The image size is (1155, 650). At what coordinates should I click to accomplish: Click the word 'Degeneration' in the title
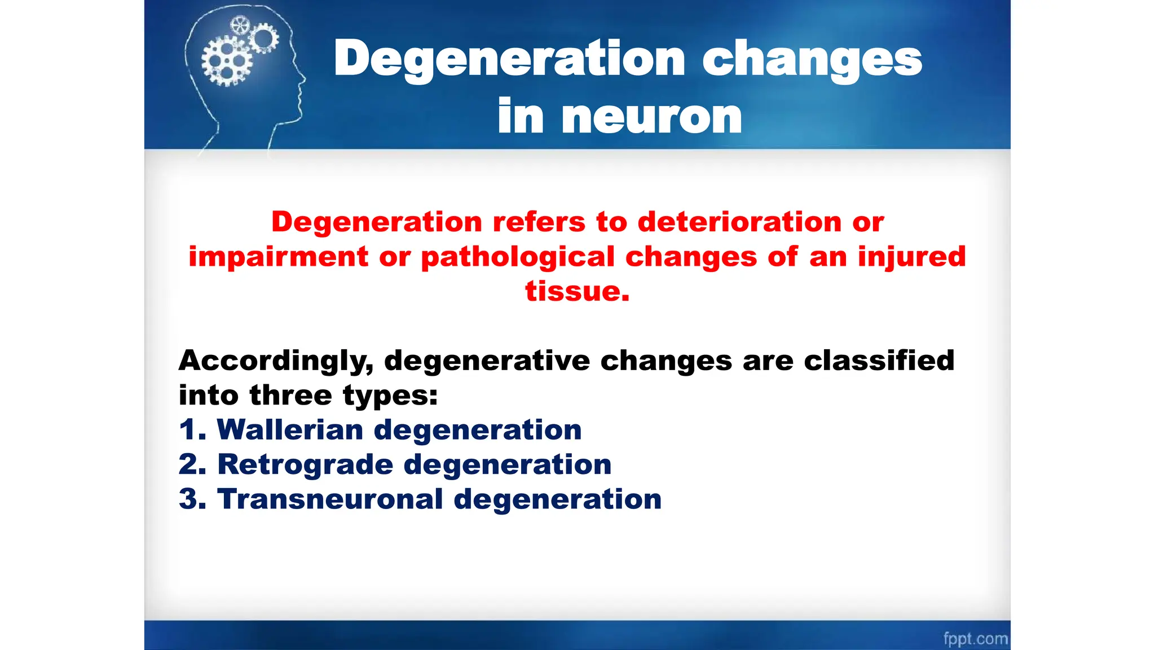509,60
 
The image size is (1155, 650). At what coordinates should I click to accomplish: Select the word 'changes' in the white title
812,60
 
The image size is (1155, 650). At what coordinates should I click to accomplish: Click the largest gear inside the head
227,61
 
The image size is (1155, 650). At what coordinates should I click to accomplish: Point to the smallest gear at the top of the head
240,25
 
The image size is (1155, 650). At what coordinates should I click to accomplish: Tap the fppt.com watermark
975,638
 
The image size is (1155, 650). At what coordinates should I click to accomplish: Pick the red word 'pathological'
518,257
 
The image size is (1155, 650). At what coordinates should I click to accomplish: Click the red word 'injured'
912,257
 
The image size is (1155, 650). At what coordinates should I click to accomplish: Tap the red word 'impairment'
279,257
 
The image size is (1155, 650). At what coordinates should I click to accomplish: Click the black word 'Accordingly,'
276,361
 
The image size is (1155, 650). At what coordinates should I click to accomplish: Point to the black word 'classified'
879,361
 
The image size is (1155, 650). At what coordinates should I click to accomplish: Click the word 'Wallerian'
290,430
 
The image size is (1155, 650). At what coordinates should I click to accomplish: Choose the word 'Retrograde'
305,465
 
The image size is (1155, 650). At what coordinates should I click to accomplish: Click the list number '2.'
192,465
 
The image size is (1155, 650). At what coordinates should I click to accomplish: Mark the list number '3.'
192,499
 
